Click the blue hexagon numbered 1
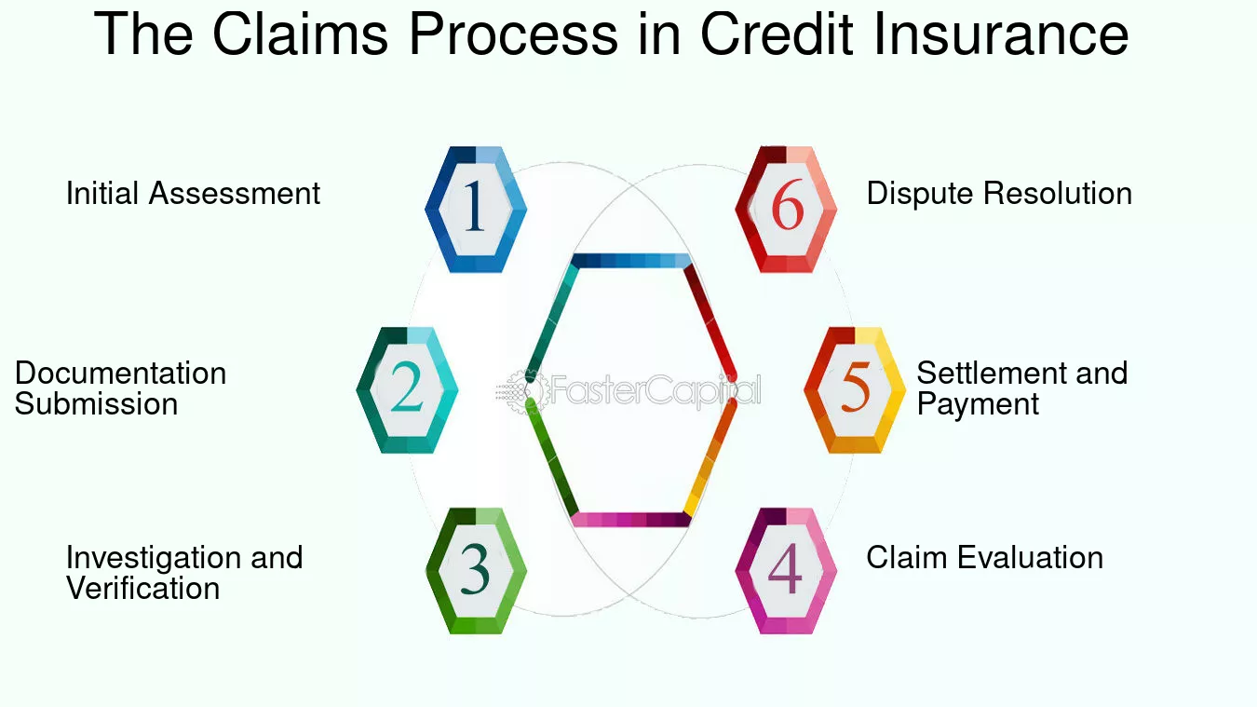coord(476,210)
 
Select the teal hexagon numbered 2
coord(407,390)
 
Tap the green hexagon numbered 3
coord(476,571)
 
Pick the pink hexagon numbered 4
coord(786,571)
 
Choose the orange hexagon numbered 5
coord(855,390)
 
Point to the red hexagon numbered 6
coord(786,210)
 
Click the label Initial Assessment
coord(193,194)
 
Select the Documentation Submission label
coord(121,388)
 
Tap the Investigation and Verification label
coord(184,572)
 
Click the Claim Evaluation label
coord(985,558)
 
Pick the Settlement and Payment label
coord(1021,388)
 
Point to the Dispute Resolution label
coord(999,194)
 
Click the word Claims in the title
coord(300,34)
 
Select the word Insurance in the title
coord(1001,34)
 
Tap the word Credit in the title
coord(777,34)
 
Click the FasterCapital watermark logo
coord(628,390)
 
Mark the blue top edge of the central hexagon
coord(631,261)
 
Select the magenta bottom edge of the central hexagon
coord(630,520)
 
